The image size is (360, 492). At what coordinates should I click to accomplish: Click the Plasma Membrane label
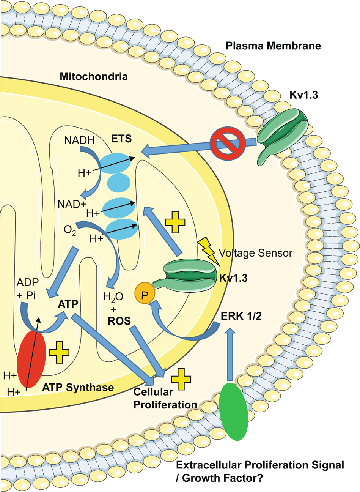click(x=273, y=46)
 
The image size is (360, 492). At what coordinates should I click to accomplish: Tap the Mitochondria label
click(x=94, y=77)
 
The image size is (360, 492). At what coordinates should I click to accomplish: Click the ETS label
click(x=122, y=139)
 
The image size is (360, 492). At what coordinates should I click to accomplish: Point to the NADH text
click(x=80, y=141)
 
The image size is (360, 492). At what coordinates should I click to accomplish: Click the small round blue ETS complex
click(x=119, y=182)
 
